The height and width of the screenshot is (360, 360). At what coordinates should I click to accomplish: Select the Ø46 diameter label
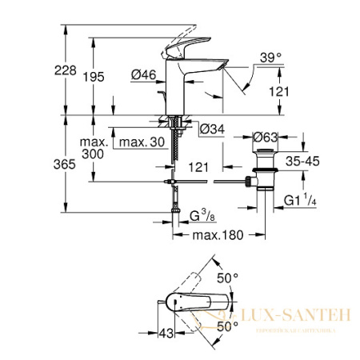[x=143, y=75]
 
